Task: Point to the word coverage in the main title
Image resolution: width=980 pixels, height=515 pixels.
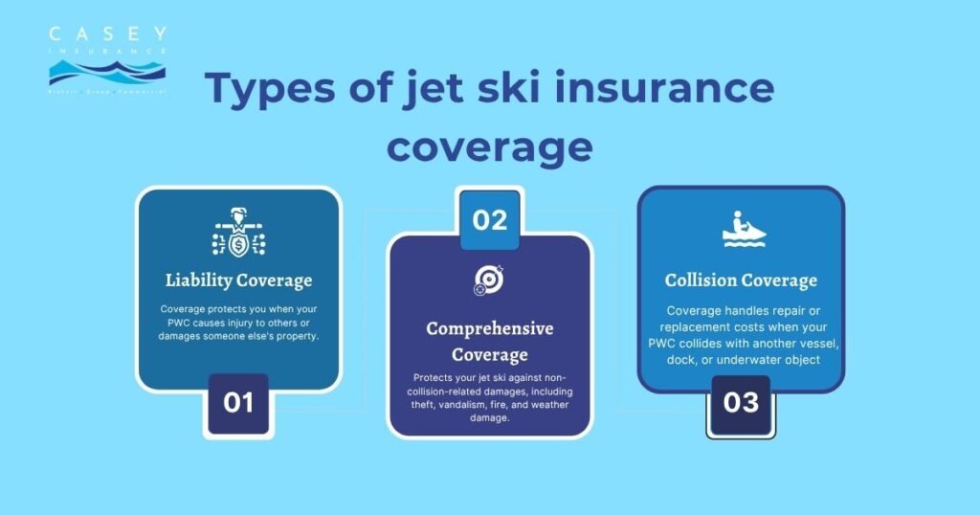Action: tap(489, 147)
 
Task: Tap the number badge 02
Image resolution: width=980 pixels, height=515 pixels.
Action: tap(489, 219)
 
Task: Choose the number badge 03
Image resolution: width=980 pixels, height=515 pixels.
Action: tap(741, 402)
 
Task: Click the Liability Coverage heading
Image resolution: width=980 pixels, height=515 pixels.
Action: tap(238, 280)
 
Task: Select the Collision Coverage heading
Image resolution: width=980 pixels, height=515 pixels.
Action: tap(741, 280)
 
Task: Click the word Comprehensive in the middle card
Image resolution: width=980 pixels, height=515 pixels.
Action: tap(489, 328)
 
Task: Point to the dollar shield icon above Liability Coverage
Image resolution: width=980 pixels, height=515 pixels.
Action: tap(238, 235)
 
